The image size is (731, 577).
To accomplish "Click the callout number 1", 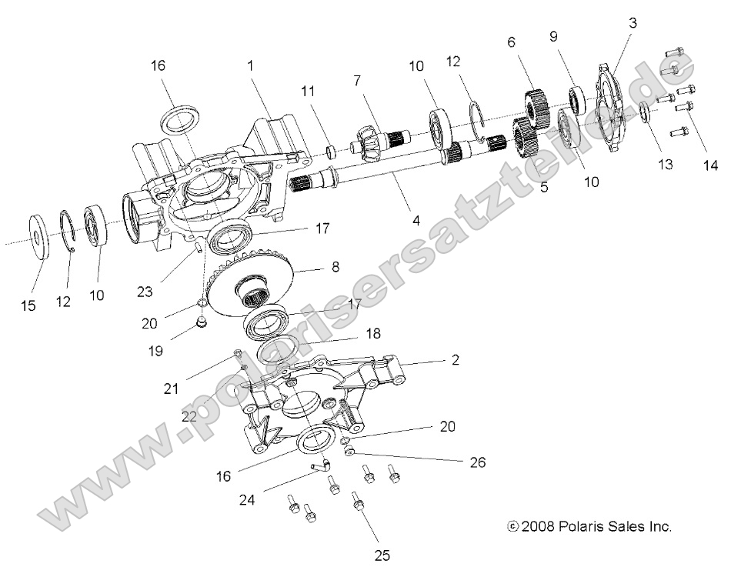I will click(x=250, y=67).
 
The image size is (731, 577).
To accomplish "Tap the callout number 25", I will click(x=382, y=554).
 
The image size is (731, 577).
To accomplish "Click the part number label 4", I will click(x=416, y=220).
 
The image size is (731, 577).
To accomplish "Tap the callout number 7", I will click(x=356, y=82).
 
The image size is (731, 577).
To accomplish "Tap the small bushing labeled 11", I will click(x=329, y=151).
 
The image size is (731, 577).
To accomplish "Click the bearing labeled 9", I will click(x=576, y=98).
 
